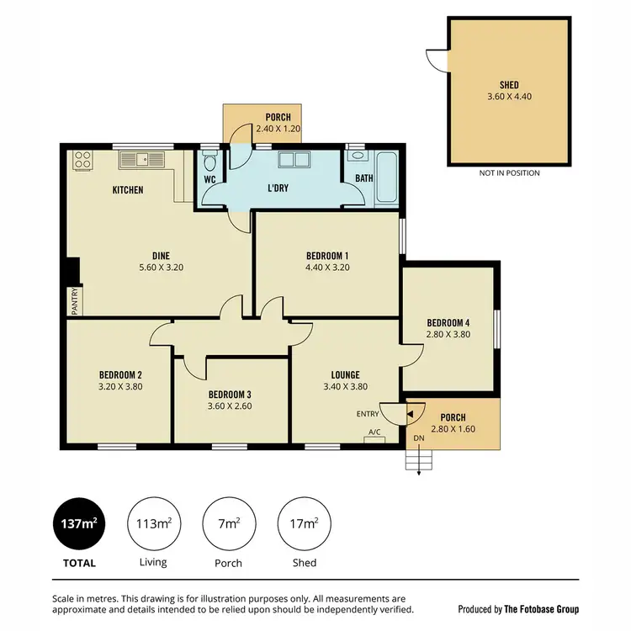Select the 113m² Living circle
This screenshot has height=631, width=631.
point(154,523)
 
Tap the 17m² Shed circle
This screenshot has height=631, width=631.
point(303,523)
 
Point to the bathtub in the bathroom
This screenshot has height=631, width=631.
point(387,178)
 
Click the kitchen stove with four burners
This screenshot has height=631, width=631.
point(82,158)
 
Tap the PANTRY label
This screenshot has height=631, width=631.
point(74,300)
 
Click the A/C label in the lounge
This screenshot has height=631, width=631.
point(374,432)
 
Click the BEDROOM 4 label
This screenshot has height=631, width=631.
point(448,323)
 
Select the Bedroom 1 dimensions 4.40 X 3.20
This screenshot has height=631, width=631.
point(326,268)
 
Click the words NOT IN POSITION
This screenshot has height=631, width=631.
point(509,173)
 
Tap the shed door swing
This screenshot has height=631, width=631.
point(436,60)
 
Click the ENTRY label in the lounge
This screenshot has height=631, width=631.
point(368,413)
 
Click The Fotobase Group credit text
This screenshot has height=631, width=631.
point(518,608)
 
